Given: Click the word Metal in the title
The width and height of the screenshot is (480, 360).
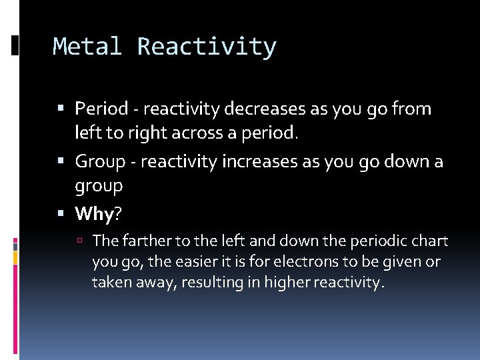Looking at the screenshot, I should click(87, 47).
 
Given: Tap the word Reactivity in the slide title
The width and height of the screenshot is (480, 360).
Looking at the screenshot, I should click(207, 47).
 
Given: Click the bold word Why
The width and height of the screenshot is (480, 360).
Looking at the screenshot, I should click(93, 213).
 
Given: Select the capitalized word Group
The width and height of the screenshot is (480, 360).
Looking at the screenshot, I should click(100, 161).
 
